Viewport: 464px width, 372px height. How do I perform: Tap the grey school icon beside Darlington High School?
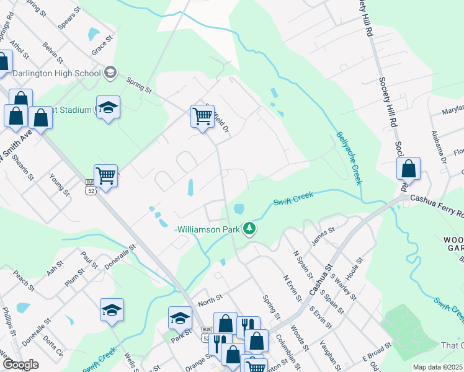coord(110,73)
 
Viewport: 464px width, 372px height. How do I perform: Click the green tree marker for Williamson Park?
coord(249,229)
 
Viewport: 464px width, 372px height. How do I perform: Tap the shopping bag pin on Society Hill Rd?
coord(409,168)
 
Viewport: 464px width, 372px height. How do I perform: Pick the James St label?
coord(323,236)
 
